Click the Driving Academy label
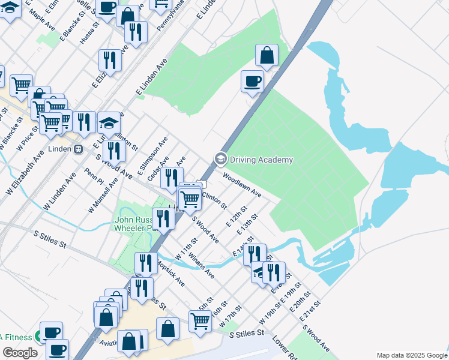pos(262,160)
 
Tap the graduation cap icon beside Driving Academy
pos(221,159)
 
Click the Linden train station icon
pos(78,149)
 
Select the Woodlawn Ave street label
pos(243,185)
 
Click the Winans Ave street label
pos(201,265)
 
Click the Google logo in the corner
pos(19,353)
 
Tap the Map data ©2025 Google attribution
pos(411,355)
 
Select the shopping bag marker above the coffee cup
pos(267,56)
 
